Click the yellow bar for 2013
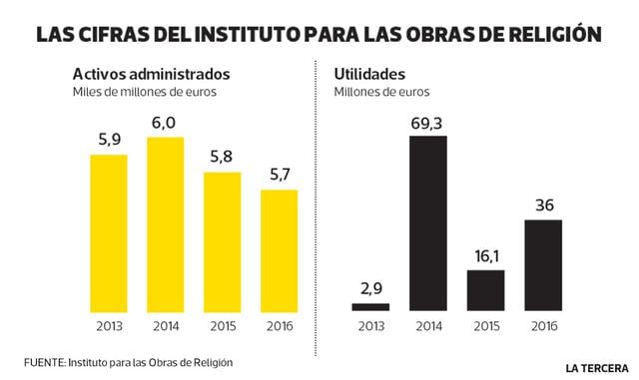click(109, 232)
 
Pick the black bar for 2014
click(428, 223)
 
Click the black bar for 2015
click(486, 290)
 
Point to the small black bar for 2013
click(370, 306)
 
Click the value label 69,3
click(428, 123)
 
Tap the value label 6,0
click(165, 123)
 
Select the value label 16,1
click(486, 256)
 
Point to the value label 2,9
click(370, 289)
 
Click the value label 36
click(544, 206)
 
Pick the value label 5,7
click(279, 176)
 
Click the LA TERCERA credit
click(595, 366)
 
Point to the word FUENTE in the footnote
click(44, 360)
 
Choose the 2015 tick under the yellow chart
click(222, 326)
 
